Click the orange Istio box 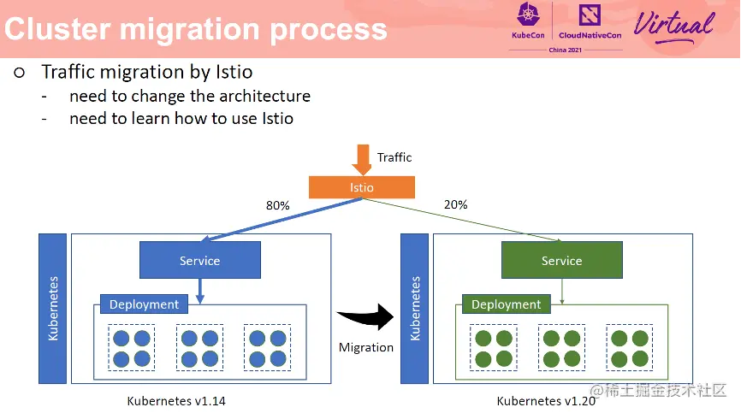pos(361,187)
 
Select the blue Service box pos(199,261)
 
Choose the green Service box pos(561,261)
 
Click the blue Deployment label pos(144,304)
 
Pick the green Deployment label pos(506,304)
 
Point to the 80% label pos(278,206)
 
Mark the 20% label pos(456,204)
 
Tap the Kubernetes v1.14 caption pos(176,400)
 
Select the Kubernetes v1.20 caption pos(545,400)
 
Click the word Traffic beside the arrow pos(394,157)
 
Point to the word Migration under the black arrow pos(366,347)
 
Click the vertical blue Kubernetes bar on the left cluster pos(53,308)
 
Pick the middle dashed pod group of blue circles pos(200,347)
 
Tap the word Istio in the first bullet pos(232,72)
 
